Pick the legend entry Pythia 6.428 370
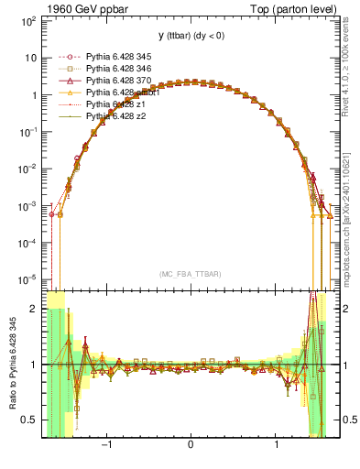(x=118, y=81)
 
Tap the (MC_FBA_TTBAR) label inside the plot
(x=191, y=274)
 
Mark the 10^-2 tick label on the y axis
(x=27, y=168)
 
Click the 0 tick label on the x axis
(x=191, y=447)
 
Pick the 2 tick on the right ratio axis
(x=346, y=310)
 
